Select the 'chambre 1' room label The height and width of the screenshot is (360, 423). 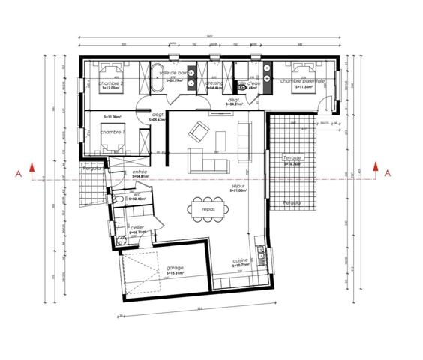click(112, 132)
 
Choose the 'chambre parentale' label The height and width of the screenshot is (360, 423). click(303, 80)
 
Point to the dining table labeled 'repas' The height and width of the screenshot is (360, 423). click(208, 209)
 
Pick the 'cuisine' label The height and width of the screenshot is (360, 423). click(240, 260)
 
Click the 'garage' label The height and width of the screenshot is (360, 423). click(175, 268)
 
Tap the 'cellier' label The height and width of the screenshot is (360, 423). click(137, 226)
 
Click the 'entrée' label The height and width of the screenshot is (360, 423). click(139, 172)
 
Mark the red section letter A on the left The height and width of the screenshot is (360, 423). click(30, 172)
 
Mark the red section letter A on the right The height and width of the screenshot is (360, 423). click(387, 172)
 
